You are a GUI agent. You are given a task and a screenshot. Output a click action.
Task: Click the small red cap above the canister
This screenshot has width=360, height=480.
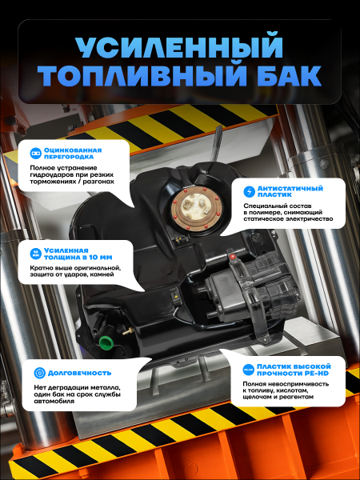(233, 257)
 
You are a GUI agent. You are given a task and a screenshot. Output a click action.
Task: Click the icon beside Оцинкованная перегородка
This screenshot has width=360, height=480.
(34, 152)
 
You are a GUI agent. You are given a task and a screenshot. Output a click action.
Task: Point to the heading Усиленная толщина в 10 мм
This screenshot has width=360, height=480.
(77, 254)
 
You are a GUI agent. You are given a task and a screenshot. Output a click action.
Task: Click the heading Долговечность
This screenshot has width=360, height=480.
(79, 373)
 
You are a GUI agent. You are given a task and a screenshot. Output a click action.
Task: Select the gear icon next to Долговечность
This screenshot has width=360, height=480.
(38, 373)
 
